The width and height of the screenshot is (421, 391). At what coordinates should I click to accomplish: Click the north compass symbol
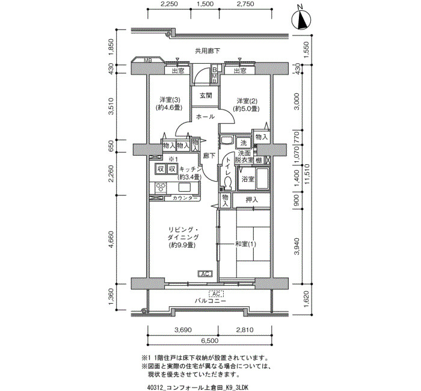301,19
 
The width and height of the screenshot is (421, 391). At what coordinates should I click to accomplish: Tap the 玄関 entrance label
206,95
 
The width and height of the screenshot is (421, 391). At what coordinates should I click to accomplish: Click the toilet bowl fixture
228,183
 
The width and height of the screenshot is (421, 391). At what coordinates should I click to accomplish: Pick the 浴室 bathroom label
248,179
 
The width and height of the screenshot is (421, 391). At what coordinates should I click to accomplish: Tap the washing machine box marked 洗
243,143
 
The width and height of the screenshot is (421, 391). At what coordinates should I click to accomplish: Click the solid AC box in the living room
205,274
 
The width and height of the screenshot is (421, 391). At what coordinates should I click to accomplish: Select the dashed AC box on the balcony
216,294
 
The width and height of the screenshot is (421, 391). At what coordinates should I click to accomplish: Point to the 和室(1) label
245,244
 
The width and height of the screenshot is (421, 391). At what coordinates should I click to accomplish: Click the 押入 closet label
251,200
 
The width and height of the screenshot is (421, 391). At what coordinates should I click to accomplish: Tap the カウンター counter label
185,198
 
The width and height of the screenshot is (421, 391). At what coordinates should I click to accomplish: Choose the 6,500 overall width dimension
209,341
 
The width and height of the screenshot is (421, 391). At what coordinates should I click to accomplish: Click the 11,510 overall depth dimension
307,174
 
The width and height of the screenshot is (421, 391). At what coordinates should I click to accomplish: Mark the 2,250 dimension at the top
169,4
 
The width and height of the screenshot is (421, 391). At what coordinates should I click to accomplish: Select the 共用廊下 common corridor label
207,51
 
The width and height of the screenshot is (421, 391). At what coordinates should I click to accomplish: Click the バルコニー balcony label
210,301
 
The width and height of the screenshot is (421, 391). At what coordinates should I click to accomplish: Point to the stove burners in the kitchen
161,188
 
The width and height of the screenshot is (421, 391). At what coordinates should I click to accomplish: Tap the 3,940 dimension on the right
296,245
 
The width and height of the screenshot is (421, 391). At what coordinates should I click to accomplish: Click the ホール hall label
205,117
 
